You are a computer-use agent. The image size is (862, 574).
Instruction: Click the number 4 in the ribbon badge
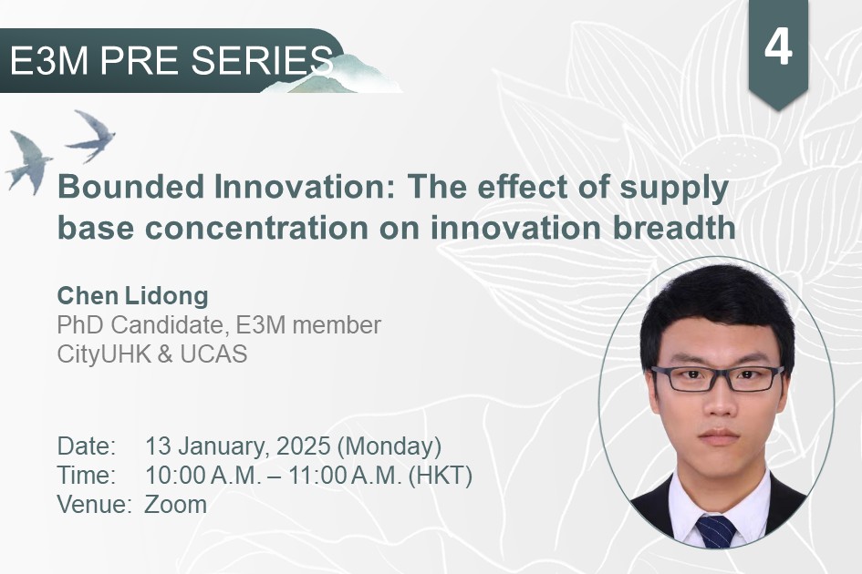coord(778,47)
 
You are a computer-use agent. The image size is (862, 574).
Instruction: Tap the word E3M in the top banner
coord(49,60)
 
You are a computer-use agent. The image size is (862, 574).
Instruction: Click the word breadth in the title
coord(674,228)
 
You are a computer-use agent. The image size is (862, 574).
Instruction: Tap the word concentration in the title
coord(256,228)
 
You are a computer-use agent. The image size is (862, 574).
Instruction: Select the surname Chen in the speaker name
coord(88,295)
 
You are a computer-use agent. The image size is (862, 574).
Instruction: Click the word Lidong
coord(167,297)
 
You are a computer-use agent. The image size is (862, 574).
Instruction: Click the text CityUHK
coord(104,354)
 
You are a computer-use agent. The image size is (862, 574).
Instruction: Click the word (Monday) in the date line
coord(389,446)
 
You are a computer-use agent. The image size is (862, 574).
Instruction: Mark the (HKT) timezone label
coord(441,476)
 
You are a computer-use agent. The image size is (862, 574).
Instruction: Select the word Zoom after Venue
coord(175,504)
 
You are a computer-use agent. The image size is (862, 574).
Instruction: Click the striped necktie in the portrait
coord(716,531)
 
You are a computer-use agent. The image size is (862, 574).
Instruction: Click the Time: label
coord(87,475)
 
